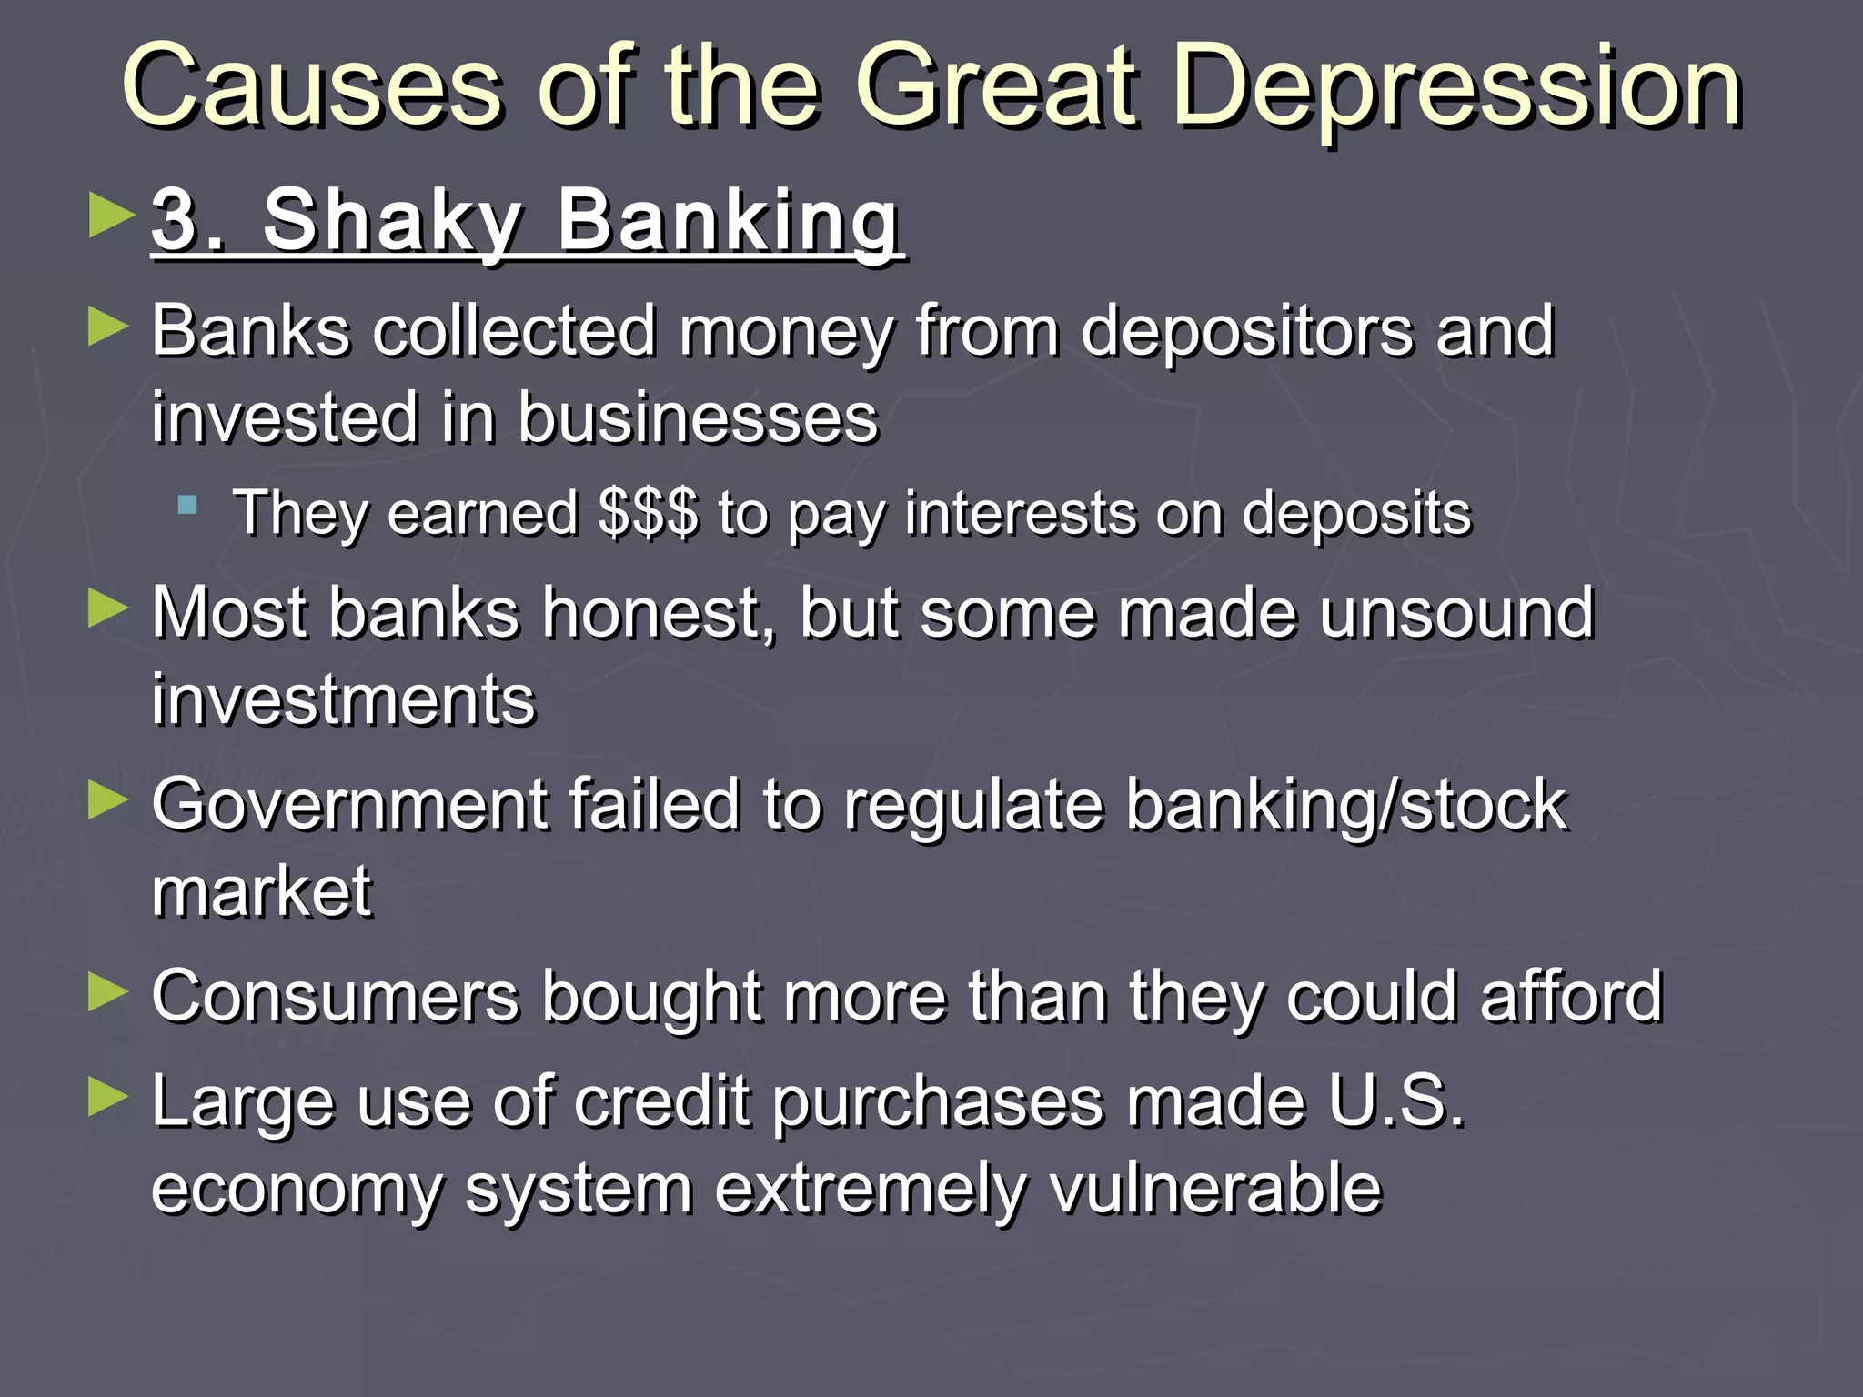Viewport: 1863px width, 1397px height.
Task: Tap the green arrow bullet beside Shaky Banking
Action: coord(112,216)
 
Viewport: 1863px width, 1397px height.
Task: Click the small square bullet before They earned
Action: coord(187,506)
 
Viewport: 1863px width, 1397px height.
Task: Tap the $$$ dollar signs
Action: coord(649,514)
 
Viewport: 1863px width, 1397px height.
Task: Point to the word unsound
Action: coord(1456,614)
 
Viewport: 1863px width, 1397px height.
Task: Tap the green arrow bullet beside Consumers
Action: coord(108,991)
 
